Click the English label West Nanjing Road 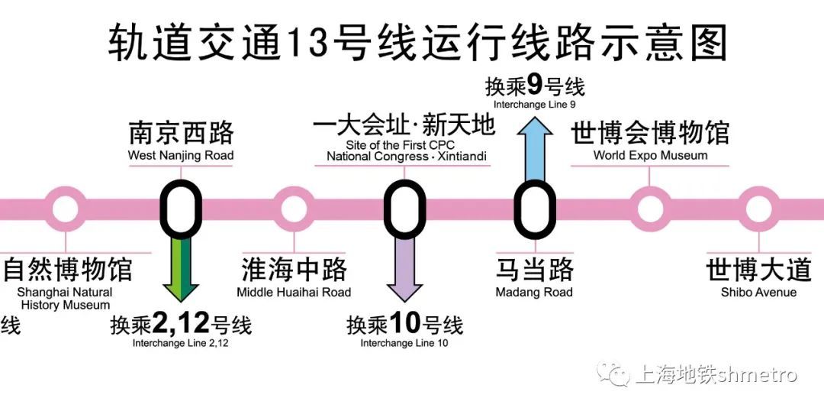[181, 156]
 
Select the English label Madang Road [534, 293]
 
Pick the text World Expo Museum [650, 156]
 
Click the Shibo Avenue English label [758, 293]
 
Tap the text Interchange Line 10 [404, 344]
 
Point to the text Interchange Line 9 [534, 104]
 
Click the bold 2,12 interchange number [181, 325]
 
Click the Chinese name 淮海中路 [294, 270]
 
